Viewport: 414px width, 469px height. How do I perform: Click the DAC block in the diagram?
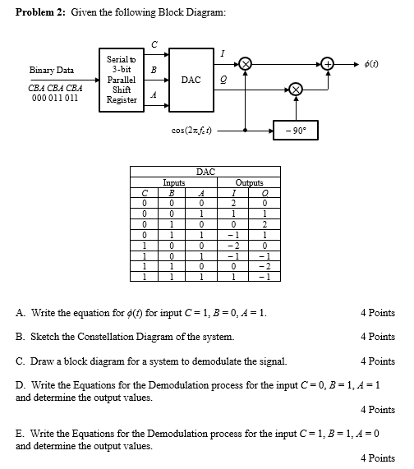[191, 80]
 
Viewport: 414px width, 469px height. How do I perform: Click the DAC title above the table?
[205, 172]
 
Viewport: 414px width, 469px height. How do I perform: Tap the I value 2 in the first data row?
[233, 201]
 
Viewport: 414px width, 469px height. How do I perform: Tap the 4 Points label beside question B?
[377, 337]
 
